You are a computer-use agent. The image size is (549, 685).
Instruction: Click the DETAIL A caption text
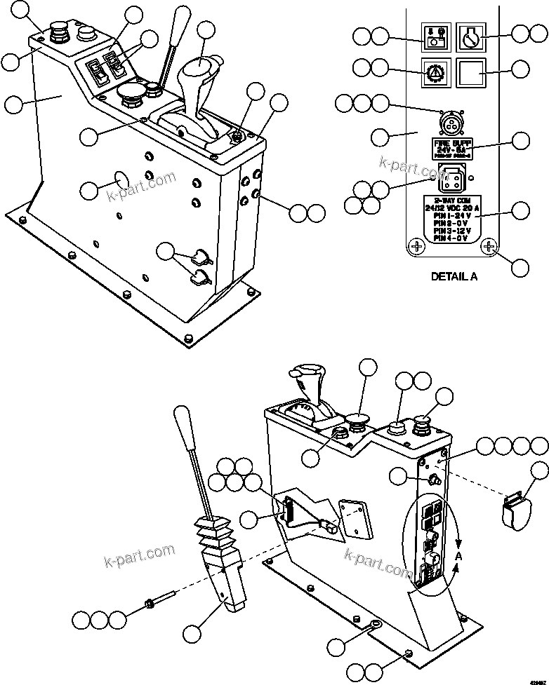point(454,276)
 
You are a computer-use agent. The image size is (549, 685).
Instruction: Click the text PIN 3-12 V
point(452,231)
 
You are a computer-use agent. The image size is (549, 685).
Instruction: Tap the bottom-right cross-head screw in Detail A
point(489,246)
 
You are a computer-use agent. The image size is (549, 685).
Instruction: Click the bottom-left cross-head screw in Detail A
point(416,246)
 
